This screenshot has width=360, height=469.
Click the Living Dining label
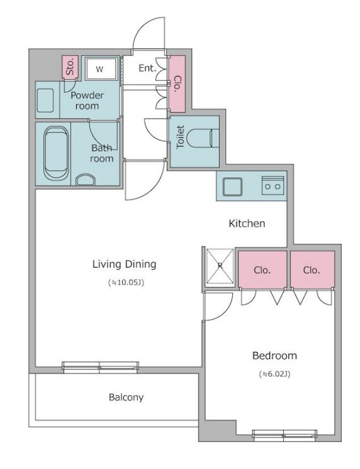(x=124, y=264)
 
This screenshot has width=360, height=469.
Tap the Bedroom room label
(x=274, y=356)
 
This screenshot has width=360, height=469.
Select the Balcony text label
(x=126, y=397)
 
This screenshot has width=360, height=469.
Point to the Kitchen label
(x=247, y=223)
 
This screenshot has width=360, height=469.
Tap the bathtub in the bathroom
(x=56, y=154)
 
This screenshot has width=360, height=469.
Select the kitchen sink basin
(x=232, y=187)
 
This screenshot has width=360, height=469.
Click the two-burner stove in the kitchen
(x=273, y=186)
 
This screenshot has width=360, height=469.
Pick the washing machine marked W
(x=101, y=69)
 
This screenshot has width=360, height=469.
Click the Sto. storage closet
(x=70, y=67)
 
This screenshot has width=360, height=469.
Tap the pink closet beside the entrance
(x=177, y=84)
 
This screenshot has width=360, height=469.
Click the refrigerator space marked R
(x=220, y=266)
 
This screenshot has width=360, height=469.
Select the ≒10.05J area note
(x=126, y=283)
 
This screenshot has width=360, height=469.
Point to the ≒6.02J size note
(x=274, y=374)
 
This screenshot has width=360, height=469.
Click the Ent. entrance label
(x=147, y=68)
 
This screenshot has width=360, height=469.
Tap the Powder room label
(x=87, y=101)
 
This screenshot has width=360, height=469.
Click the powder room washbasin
(x=45, y=100)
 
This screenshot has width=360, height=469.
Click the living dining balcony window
(x=101, y=366)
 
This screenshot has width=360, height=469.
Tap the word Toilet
(x=180, y=137)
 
